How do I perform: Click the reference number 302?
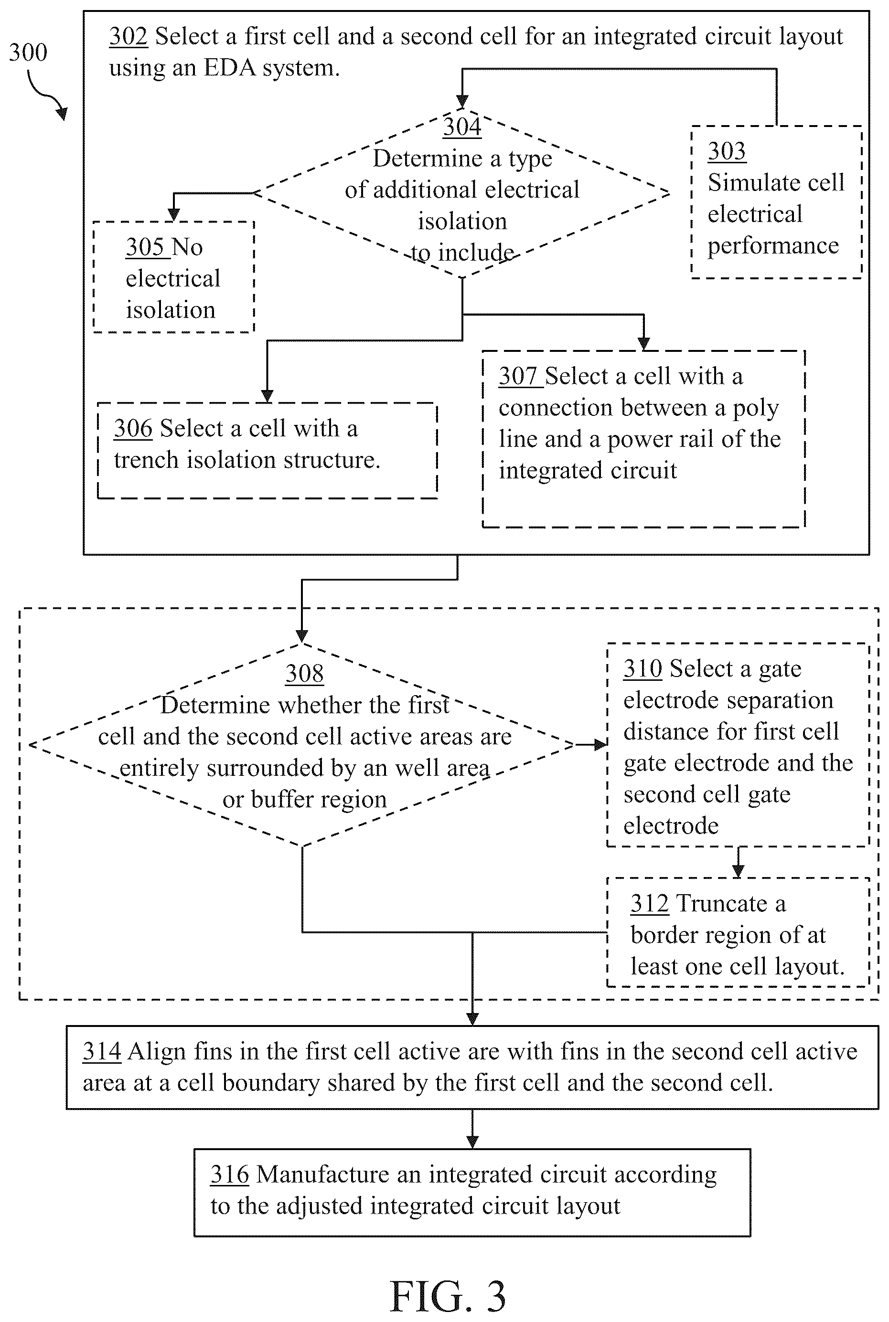[x=128, y=37]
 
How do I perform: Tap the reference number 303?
[x=726, y=151]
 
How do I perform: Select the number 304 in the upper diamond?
[x=462, y=127]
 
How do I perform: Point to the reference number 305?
[x=145, y=247]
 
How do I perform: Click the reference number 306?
[x=133, y=428]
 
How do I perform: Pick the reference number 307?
[x=518, y=376]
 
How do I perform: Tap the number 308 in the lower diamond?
[x=304, y=674]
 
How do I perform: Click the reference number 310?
[x=643, y=669]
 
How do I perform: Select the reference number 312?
[x=650, y=903]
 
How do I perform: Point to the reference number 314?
[x=102, y=1051]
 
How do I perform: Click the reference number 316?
[x=230, y=1174]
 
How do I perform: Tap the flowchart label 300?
[x=28, y=53]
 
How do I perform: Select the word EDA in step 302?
[x=227, y=68]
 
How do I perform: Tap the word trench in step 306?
[x=146, y=460]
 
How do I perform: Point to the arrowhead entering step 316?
[x=472, y=1142]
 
